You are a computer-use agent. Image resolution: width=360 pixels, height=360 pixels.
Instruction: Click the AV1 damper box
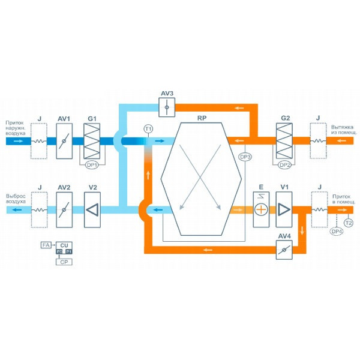coord(64,141)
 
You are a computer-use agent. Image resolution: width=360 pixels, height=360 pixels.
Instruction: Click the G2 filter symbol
coord(283,141)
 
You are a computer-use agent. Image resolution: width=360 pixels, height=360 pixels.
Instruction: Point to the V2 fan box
coord(92,209)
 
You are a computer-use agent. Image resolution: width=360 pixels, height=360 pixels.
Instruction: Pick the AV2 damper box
coord(64,209)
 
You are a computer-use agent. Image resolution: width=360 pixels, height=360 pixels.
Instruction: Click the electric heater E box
coord(261,209)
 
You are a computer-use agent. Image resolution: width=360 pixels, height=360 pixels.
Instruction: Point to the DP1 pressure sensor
coord(92,164)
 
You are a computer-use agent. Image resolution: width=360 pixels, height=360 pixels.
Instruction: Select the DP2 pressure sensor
coord(284,164)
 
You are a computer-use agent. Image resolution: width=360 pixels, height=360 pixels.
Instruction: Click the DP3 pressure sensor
coord(244,157)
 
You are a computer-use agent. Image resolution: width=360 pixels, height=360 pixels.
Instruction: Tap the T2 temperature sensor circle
coord(349,223)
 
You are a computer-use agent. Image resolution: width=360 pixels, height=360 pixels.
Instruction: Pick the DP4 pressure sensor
coord(337,232)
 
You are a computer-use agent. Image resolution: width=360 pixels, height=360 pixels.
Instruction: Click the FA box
coord(46,245)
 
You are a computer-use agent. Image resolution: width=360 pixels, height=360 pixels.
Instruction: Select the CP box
coord(63,262)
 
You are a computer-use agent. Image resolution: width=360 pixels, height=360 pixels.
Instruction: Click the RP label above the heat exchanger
coord(202,119)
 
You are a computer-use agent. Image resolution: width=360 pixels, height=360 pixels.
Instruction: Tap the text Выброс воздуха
coord(16,199)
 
